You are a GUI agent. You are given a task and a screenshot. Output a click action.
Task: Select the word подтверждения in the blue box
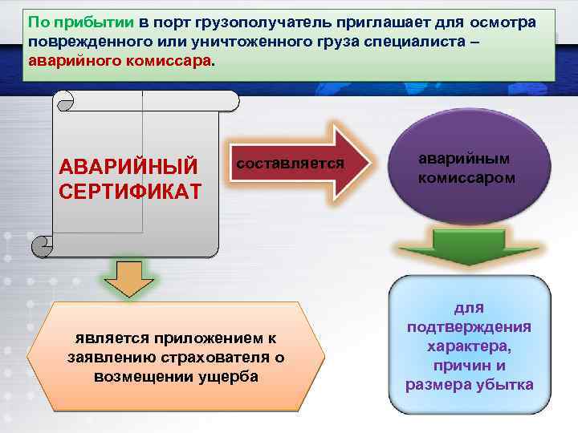click(469, 327)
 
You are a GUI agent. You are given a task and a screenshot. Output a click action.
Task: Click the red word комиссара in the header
click(168, 60)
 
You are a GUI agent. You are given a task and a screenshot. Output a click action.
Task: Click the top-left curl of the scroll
click(65, 100)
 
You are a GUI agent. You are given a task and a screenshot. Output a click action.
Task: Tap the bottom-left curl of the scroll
click(40, 244)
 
